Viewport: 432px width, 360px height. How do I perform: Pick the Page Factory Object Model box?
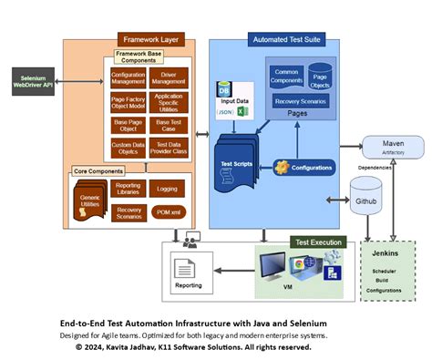click(x=128, y=101)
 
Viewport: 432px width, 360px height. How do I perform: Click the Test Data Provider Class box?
click(x=170, y=146)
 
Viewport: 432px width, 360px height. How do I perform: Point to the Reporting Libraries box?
click(x=128, y=189)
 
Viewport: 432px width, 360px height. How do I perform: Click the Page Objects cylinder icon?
click(x=320, y=77)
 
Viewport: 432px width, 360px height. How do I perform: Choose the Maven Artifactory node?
click(x=392, y=148)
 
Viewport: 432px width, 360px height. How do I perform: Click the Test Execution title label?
click(x=318, y=242)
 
